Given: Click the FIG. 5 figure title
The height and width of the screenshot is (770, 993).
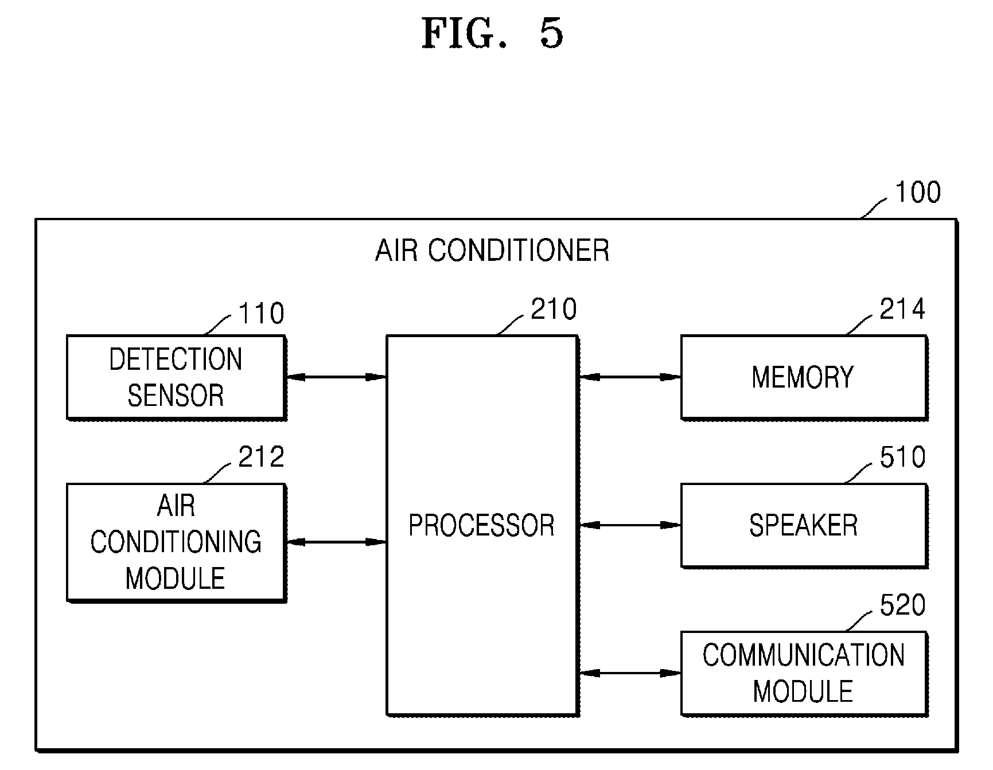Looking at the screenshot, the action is tap(492, 33).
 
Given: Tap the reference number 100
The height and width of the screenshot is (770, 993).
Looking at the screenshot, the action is tap(918, 192).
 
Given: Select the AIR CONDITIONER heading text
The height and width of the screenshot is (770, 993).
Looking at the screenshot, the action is tap(492, 251).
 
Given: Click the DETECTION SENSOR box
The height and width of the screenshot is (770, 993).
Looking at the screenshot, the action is tap(176, 377).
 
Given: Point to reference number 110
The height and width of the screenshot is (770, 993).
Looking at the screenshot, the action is tap(261, 314).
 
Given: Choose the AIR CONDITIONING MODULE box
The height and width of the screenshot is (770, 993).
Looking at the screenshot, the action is tap(176, 542).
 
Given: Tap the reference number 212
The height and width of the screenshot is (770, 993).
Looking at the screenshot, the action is tap(261, 457).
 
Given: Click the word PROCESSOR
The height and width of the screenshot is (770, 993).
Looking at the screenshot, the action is tap(481, 525).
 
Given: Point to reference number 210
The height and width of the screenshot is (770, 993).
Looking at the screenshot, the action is tap(554, 309).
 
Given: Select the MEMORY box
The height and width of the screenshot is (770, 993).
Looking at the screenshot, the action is tap(804, 377).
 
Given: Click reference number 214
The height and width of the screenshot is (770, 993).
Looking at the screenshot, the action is tap(902, 309).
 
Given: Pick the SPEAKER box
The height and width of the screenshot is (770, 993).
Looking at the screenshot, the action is tap(804, 525).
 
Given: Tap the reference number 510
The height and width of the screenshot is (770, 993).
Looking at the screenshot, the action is tap(902, 457).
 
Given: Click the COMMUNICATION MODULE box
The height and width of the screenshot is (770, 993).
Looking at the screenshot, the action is tap(804, 673).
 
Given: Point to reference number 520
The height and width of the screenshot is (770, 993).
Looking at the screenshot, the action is tap(902, 605).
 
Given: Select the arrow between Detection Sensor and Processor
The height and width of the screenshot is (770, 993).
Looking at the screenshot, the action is tap(336, 377).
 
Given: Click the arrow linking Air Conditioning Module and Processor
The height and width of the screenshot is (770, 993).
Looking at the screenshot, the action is tap(336, 542).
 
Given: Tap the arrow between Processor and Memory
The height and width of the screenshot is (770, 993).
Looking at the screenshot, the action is tap(629, 377).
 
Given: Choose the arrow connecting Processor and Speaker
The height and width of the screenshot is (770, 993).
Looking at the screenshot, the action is tap(629, 525).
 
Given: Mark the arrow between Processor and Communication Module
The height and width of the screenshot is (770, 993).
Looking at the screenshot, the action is tap(629, 673).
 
